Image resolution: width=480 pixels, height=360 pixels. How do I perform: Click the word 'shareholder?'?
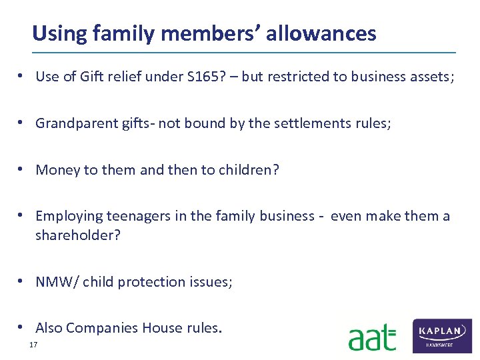click(78, 235)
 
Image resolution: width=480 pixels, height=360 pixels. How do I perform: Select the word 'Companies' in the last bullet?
click(99, 328)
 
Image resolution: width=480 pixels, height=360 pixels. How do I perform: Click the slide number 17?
click(33, 345)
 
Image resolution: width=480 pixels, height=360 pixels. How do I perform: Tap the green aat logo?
click(372, 337)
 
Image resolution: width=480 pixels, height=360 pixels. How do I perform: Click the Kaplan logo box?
click(442, 335)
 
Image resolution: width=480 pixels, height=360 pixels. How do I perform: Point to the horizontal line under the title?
click(244, 53)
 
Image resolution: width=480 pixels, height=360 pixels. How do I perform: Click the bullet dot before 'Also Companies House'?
click(23, 327)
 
